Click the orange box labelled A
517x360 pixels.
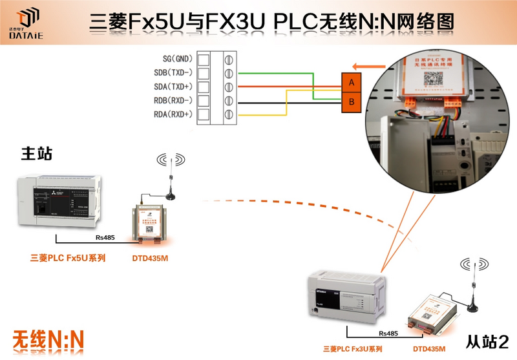[x=350, y=83]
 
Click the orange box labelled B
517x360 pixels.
[x=350, y=102]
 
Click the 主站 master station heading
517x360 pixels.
[x=37, y=153]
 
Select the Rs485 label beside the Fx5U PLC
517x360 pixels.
[x=105, y=237]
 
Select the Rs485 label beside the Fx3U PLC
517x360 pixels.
[x=388, y=334]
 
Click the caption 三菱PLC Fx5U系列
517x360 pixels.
[x=68, y=258]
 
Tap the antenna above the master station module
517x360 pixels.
[x=171, y=178]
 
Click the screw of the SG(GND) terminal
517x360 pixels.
[x=227, y=59]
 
